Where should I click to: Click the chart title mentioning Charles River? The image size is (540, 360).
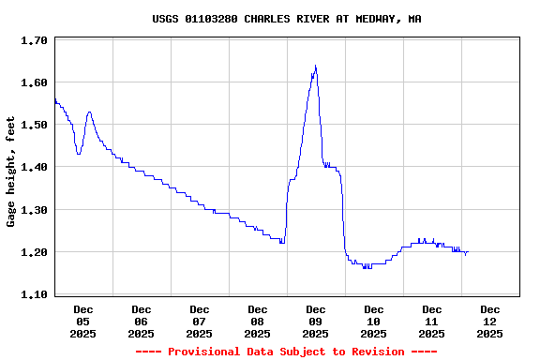[286, 19]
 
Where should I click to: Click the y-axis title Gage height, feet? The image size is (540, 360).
[11, 172]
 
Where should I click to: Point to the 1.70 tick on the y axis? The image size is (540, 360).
[34, 41]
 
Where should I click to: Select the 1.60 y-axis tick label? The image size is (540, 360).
[34, 83]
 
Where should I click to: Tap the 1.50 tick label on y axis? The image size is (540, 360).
[34, 126]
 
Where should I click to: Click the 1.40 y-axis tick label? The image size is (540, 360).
[34, 168]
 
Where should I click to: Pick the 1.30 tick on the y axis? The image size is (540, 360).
[34, 210]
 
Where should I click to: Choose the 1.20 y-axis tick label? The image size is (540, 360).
[34, 252]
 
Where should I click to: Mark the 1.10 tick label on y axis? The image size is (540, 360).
[34, 294]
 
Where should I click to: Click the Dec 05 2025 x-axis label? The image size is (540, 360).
[83, 321]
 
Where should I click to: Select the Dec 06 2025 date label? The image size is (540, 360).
[142, 321]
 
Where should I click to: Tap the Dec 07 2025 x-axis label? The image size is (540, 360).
[200, 321]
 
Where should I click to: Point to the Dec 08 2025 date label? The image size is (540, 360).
[258, 321]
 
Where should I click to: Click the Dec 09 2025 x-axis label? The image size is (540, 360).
[316, 321]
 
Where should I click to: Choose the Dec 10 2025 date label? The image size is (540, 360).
[374, 321]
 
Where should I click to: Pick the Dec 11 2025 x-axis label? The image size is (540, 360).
[432, 321]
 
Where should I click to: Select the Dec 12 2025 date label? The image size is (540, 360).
[490, 321]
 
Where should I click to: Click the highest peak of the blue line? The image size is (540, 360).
[316, 66]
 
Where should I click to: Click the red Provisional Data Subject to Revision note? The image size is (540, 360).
[286, 352]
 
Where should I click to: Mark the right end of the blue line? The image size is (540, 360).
[467, 252]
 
